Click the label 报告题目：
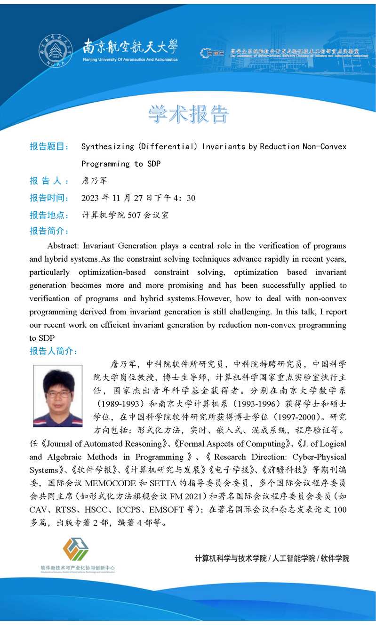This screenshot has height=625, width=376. pyautogui.click(x=49, y=146)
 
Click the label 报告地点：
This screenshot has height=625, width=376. pyautogui.click(x=49, y=216)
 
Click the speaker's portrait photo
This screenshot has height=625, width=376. pyautogui.click(x=58, y=396)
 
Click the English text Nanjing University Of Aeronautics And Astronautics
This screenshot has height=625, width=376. pyautogui.click(x=130, y=60)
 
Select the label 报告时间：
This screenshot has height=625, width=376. pyautogui.click(x=49, y=198)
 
